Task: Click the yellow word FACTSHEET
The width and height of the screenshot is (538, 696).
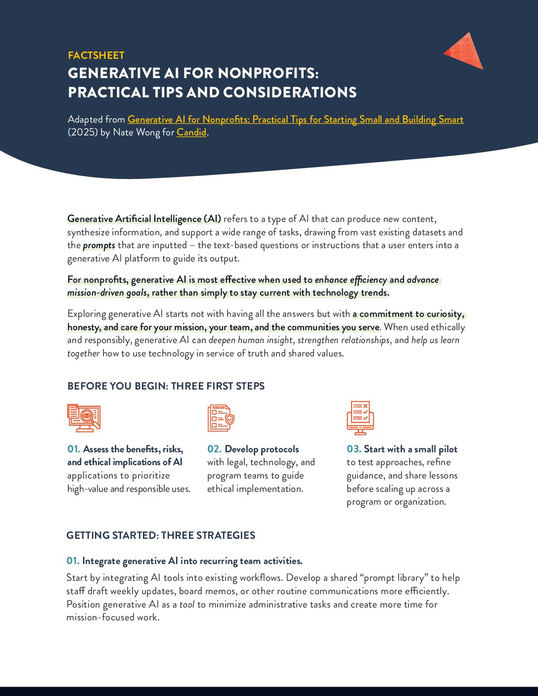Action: [x=96, y=55]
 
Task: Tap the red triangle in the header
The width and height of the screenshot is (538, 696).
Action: [x=465, y=51]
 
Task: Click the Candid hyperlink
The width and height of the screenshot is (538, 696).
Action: [x=191, y=132]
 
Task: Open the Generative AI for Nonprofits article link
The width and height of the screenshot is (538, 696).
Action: [x=295, y=120]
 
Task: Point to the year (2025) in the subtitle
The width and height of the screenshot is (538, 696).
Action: [x=83, y=132]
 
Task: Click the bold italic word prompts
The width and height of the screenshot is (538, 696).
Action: [x=99, y=246]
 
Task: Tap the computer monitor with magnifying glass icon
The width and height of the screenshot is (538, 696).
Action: [x=84, y=418]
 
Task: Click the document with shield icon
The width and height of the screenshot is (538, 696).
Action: [x=221, y=418]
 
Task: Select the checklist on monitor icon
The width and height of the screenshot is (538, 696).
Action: [x=360, y=418]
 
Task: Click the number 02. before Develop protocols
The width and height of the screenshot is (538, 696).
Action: [x=214, y=449]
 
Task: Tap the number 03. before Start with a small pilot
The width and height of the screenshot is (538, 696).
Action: [x=354, y=449]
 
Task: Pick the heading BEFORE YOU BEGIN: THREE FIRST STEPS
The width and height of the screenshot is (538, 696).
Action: [x=166, y=386]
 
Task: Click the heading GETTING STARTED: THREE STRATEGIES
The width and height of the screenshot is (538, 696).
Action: [x=161, y=535]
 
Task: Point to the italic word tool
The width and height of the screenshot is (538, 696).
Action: [x=187, y=605]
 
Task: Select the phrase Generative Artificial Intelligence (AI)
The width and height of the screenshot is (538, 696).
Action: [x=144, y=219]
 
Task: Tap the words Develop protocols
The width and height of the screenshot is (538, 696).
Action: [x=262, y=449]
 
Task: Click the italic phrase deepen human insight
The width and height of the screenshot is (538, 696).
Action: [x=251, y=340]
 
